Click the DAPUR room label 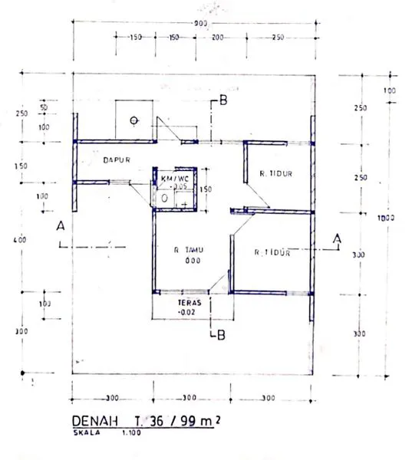pos(114,160)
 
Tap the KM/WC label pos(176,178)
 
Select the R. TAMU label pos(188,249)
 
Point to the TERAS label pos(188,303)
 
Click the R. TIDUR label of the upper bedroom pos(277,172)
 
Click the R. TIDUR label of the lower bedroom pos(272,251)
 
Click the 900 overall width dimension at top pos(201,25)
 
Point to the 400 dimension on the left pos(21,240)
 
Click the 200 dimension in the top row pos(217,38)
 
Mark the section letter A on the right pos(335,239)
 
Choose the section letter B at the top pos(222,100)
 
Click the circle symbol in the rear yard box pos(133,120)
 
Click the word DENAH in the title pos(89,421)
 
